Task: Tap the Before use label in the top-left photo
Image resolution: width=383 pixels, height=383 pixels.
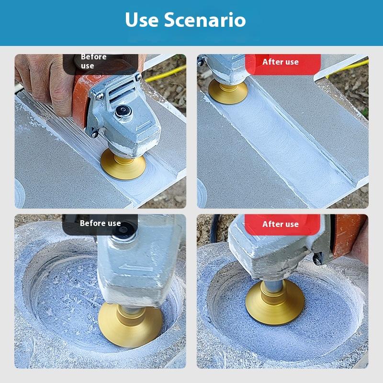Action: [94, 61]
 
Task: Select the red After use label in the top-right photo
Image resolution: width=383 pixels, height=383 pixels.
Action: [281, 62]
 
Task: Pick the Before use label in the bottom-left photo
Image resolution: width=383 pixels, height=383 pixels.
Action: [100, 223]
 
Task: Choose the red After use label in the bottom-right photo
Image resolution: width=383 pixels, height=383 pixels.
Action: [281, 224]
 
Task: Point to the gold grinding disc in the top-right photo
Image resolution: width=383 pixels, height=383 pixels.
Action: [227, 91]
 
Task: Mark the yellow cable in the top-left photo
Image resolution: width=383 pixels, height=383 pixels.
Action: [165, 74]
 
